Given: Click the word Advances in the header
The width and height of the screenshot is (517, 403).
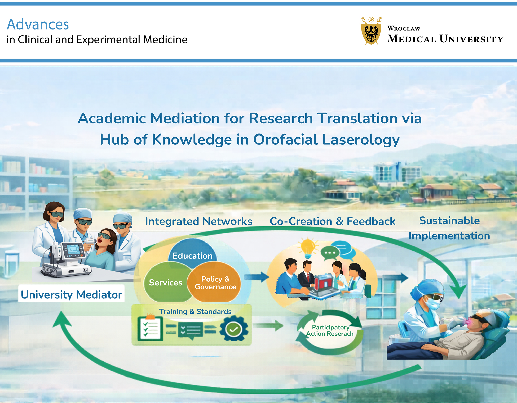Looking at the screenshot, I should [38, 24].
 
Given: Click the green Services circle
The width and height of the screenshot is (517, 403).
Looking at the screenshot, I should [165, 282].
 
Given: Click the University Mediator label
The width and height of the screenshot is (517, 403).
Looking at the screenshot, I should [71, 294].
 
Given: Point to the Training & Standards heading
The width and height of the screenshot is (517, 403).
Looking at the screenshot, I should [195, 311].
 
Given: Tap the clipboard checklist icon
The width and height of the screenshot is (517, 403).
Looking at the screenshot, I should [150, 328].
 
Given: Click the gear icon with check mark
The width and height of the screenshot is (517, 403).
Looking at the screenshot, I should [234, 329].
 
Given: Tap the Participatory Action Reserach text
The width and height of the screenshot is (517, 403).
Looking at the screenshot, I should [330, 331].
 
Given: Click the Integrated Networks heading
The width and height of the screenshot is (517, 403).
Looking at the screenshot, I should [199, 221].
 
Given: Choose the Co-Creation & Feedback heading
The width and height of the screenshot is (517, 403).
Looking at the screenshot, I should [332, 221].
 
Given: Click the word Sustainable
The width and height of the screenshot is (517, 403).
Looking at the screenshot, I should [449, 221].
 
